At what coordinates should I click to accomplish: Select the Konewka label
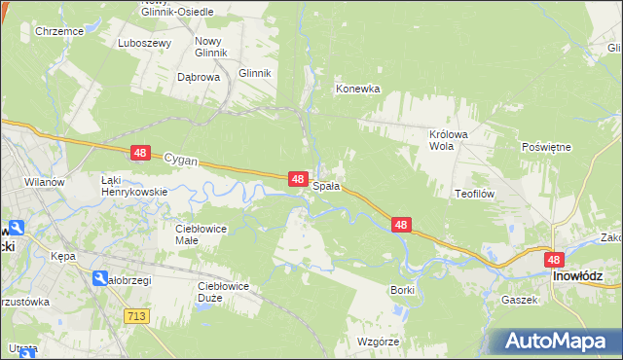coord(357,89)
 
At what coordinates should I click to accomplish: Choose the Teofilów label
coord(475,194)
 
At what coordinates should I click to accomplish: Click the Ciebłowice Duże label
coord(223,291)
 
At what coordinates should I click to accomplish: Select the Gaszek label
coord(520,300)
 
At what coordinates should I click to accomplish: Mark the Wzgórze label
coord(378,342)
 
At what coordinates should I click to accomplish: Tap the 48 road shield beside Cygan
coord(141,154)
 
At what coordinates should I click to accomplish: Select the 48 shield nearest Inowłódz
coord(554,260)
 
